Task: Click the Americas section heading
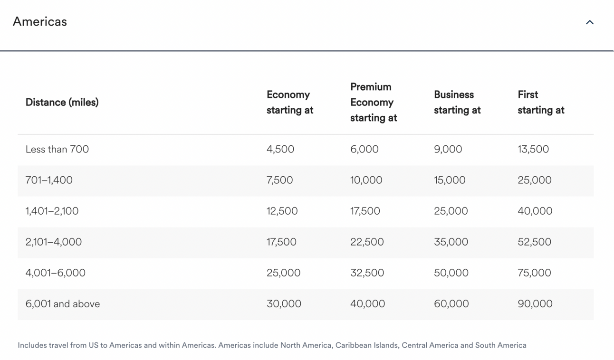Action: (x=40, y=22)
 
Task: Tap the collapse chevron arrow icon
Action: (x=590, y=22)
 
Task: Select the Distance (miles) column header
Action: (x=62, y=102)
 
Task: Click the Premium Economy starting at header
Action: (x=374, y=102)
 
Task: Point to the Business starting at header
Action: (x=457, y=102)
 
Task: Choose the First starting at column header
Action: (x=541, y=102)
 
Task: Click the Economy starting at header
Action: (x=290, y=102)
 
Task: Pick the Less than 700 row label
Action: (x=57, y=149)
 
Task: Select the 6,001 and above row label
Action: (x=63, y=304)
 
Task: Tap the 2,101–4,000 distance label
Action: (x=53, y=242)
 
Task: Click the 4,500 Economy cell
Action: (x=280, y=149)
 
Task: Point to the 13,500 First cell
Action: (x=533, y=149)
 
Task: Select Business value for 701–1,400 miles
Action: (x=450, y=180)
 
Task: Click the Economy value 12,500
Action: (x=282, y=211)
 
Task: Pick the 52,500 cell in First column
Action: (x=534, y=242)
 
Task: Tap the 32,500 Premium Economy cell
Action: (x=367, y=273)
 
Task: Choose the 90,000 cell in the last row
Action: (x=535, y=304)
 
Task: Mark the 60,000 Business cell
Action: (x=451, y=304)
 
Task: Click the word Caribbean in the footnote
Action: (x=353, y=345)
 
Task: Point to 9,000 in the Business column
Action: (x=448, y=149)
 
